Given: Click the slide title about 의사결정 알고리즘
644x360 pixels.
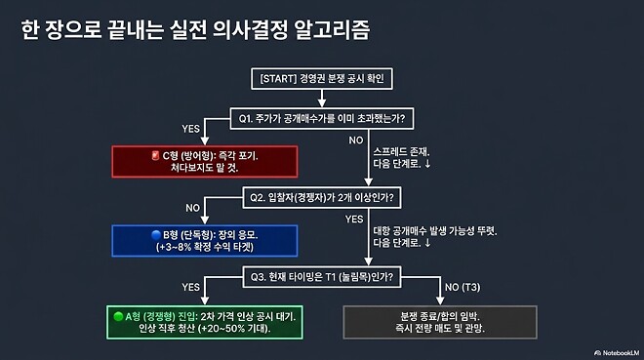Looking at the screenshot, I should point(195,29).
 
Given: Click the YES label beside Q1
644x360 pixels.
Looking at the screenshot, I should point(191,129).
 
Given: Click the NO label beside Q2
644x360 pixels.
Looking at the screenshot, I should point(192,208).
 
